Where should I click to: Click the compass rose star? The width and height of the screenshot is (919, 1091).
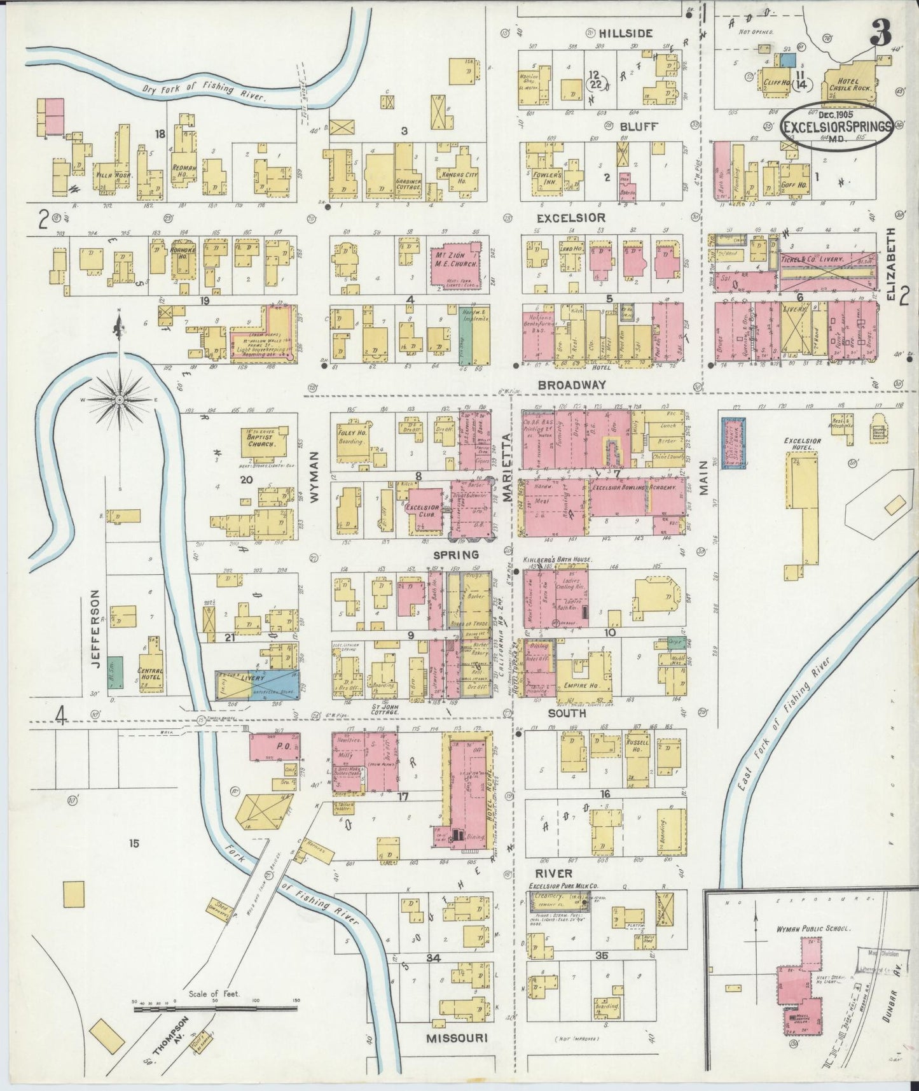[119, 399]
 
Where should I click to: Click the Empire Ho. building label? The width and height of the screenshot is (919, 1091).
[579, 686]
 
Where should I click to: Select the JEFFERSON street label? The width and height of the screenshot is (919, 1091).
[95, 628]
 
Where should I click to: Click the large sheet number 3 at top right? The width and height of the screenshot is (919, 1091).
[881, 33]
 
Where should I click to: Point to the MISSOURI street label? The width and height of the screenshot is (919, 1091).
[456, 1038]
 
